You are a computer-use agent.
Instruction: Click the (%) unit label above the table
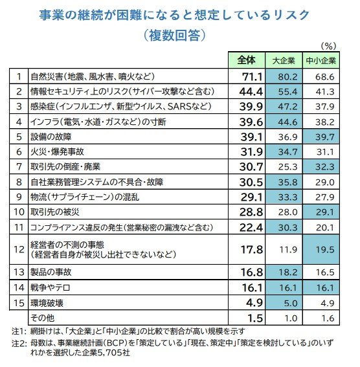point(330,45)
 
